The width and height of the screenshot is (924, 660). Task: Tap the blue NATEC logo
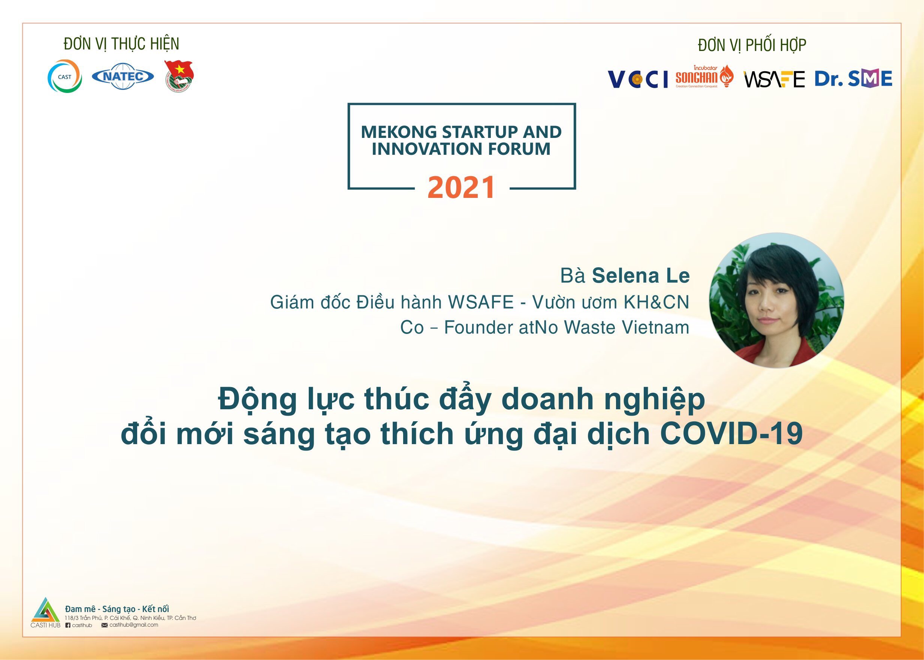(x=123, y=76)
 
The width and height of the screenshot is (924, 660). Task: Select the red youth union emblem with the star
(x=179, y=76)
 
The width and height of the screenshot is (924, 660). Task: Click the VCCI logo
(x=637, y=79)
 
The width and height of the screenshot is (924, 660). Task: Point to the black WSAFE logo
(x=774, y=79)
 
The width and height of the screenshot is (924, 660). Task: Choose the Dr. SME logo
(x=853, y=78)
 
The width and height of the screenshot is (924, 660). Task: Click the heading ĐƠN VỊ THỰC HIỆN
(x=121, y=44)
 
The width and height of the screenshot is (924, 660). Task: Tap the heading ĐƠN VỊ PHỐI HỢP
(x=752, y=45)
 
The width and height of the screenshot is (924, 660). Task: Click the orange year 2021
(x=462, y=187)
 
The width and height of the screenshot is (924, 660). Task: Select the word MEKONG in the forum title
(x=399, y=132)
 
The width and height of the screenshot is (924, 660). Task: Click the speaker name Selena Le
(x=641, y=275)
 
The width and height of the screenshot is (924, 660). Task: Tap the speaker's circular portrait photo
(x=776, y=300)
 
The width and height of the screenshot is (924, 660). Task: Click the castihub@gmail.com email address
(x=134, y=625)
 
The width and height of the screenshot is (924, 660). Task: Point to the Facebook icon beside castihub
(x=68, y=625)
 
